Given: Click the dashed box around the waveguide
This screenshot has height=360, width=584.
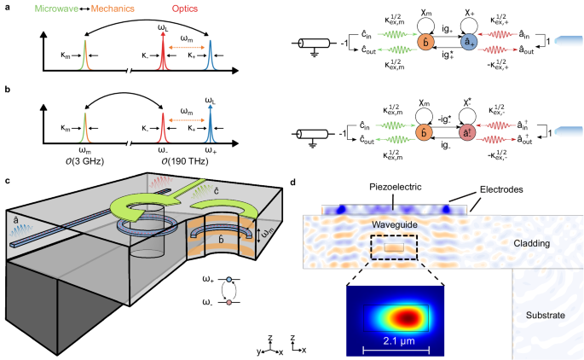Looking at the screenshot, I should click(x=394, y=248).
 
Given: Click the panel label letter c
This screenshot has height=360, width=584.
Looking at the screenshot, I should click(x=7, y=181).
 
